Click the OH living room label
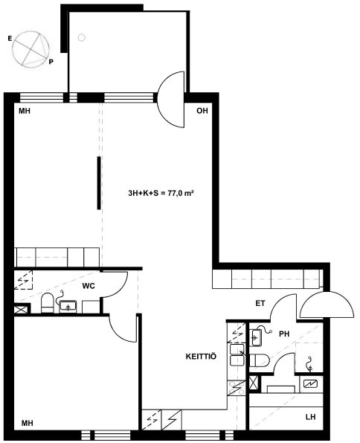point(202,111)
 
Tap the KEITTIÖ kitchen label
point(201,357)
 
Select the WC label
point(89,286)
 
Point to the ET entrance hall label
point(260,304)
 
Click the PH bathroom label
point(284,334)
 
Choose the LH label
point(311,417)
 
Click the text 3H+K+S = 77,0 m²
point(161,194)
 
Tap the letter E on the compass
point(10,39)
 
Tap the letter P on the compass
point(51,62)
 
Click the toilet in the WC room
point(47,303)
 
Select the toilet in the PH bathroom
point(259,360)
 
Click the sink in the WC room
point(68,306)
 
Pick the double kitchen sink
point(237,355)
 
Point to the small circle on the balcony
point(81,37)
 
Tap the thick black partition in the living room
point(99,183)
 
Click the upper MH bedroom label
point(25,111)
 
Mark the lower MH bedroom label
point(28,423)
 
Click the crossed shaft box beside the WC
point(22,308)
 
